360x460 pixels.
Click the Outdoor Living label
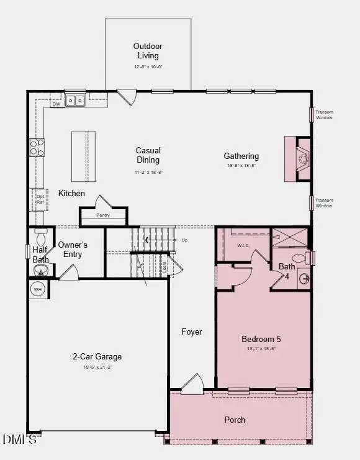click(x=148, y=51)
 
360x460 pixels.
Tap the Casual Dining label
click(x=148, y=155)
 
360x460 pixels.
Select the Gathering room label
click(x=241, y=156)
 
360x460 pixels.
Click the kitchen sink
click(x=76, y=99)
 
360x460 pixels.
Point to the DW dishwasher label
click(x=56, y=104)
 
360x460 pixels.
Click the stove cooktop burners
click(x=37, y=147)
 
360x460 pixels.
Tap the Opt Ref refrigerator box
click(x=40, y=199)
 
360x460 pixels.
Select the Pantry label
click(x=103, y=215)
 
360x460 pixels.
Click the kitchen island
click(x=83, y=155)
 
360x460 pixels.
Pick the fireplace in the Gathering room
click(x=302, y=158)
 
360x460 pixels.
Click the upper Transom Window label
click(x=324, y=115)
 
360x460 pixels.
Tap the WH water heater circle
click(x=38, y=289)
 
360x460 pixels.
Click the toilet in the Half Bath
click(x=42, y=238)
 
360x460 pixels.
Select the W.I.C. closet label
click(x=243, y=245)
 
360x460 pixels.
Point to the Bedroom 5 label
click(x=261, y=339)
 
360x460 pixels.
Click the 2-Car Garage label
click(x=97, y=356)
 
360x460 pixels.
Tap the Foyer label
click(x=192, y=331)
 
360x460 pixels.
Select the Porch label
click(x=235, y=420)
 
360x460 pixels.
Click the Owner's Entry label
click(x=73, y=249)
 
